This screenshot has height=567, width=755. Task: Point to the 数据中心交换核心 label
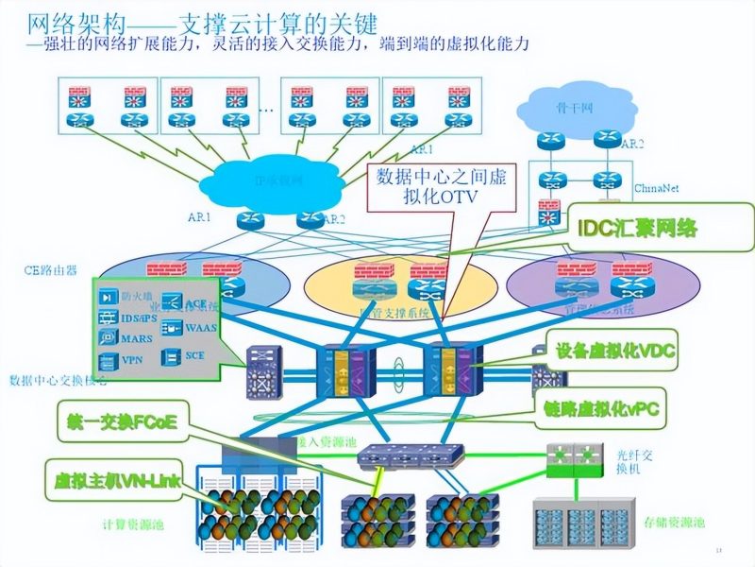tap(57, 381)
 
